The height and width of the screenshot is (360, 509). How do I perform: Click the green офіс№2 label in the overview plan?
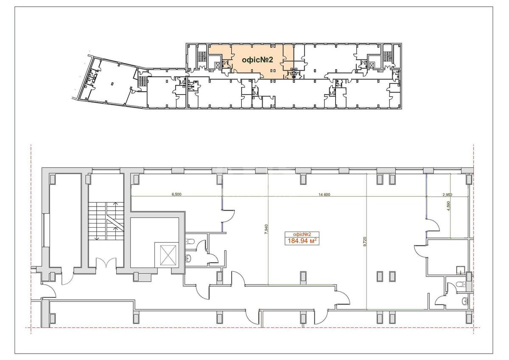point(257,60)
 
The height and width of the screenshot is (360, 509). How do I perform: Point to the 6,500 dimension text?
point(176,194)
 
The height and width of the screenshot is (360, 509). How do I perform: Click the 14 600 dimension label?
point(324,194)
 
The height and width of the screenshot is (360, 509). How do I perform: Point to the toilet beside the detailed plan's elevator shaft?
point(190,242)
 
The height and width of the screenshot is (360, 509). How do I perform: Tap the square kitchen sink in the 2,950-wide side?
point(459,269)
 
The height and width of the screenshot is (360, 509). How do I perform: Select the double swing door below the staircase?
point(106,264)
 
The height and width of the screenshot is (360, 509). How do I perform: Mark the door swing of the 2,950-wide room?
point(432,225)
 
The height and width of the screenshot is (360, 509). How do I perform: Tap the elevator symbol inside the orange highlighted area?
point(218,65)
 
